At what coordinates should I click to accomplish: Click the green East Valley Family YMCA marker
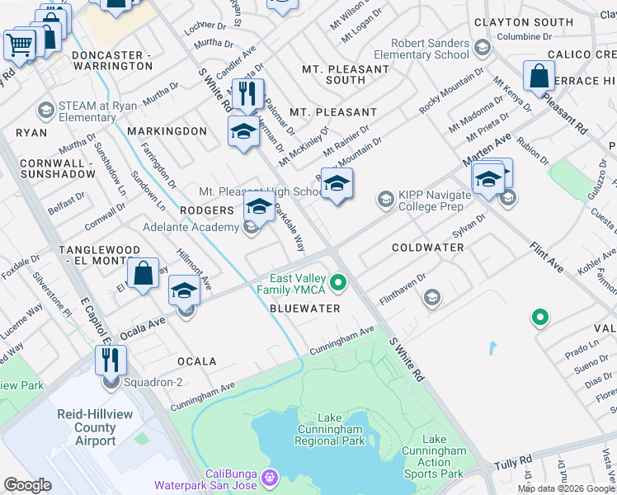337,284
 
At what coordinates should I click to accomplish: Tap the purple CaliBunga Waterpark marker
268,477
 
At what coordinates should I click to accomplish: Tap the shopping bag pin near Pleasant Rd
539,76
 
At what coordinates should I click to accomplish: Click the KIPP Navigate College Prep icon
384,199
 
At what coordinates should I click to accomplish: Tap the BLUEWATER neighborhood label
305,309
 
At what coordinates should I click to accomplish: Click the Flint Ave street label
546,257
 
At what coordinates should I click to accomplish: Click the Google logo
27,484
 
